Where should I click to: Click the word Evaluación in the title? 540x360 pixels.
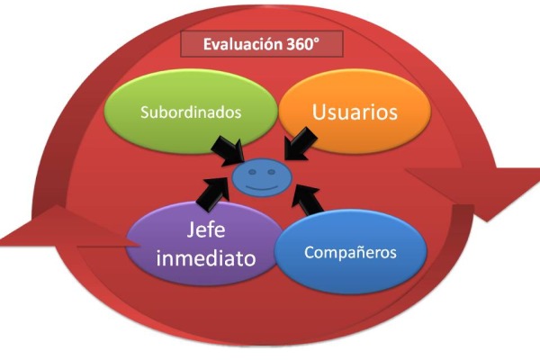[243, 44]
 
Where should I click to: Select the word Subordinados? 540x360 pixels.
[191, 112]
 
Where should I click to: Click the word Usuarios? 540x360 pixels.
[355, 112]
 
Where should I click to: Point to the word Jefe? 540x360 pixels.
[206, 229]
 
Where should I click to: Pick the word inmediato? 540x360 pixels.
[206, 258]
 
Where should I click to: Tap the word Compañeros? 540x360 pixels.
[350, 253]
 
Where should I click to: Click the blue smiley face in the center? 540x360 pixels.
[262, 177]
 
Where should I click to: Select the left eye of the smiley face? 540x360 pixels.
[252, 172]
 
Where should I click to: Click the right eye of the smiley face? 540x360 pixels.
[272, 172]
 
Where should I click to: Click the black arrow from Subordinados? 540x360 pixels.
[228, 150]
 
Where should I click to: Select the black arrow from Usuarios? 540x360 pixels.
[301, 144]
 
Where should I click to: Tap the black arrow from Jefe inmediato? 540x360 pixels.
[213, 194]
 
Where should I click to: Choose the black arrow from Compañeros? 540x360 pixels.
[307, 199]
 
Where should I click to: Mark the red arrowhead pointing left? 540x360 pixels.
[66, 228]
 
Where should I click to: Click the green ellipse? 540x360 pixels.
[191, 112]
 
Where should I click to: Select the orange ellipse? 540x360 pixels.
[355, 112]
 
